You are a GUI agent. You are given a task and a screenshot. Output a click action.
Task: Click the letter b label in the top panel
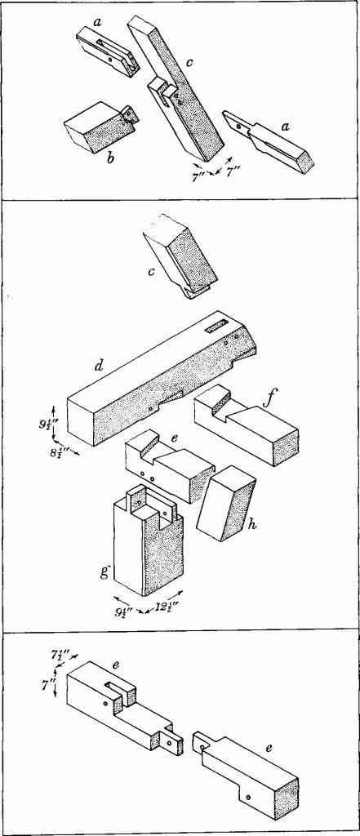(111, 158)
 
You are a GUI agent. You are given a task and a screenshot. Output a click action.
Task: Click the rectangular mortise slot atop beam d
(216, 327)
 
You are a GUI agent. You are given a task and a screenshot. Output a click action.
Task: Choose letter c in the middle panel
(152, 271)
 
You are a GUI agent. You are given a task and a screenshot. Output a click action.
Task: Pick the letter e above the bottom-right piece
(269, 748)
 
